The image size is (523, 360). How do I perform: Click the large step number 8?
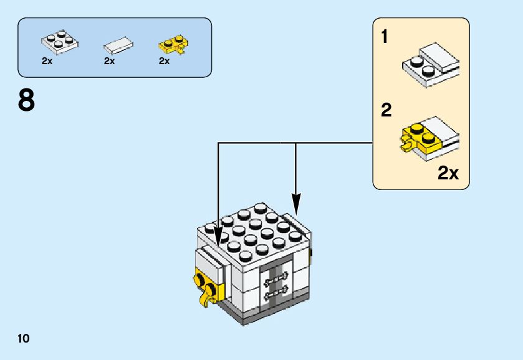click(x=26, y=101)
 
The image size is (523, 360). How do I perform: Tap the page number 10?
click(x=24, y=339)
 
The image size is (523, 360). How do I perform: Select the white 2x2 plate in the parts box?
click(x=59, y=41)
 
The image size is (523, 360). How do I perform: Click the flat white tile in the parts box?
click(x=117, y=45)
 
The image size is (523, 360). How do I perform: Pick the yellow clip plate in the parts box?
click(x=174, y=44)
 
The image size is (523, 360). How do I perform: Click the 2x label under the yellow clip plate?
click(x=165, y=61)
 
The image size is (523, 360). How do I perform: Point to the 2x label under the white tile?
click(x=110, y=61)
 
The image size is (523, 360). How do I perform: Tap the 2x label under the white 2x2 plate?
click(x=47, y=61)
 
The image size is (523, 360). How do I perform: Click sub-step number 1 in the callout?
click(x=385, y=37)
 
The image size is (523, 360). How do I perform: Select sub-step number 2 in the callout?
click(x=386, y=111)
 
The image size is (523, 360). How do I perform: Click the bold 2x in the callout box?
click(x=448, y=173)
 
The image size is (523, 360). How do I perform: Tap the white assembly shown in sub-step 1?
click(x=431, y=65)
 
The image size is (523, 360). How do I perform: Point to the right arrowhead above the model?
click(x=295, y=202)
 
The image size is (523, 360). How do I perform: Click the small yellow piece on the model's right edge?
click(x=310, y=255)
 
